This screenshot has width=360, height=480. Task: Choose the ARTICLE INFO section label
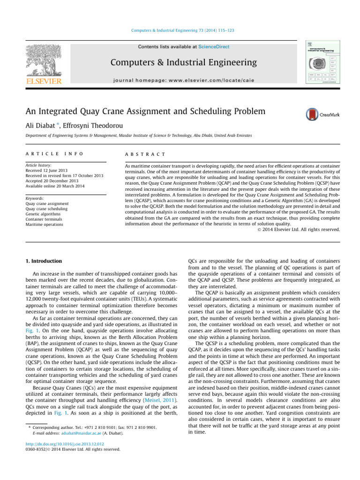(48, 155)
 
